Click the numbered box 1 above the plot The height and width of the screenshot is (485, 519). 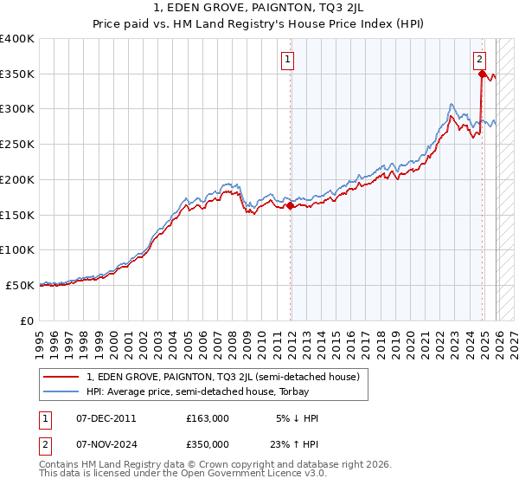(x=287, y=60)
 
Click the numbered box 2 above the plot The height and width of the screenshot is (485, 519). (x=479, y=60)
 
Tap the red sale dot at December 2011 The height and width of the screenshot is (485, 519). (x=290, y=206)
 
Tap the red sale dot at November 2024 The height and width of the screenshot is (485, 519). (x=482, y=74)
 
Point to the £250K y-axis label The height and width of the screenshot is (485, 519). (x=17, y=145)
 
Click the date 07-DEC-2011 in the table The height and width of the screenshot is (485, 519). (x=106, y=418)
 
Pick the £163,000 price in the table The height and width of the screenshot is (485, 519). (x=208, y=418)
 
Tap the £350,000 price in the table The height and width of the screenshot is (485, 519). (x=208, y=443)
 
